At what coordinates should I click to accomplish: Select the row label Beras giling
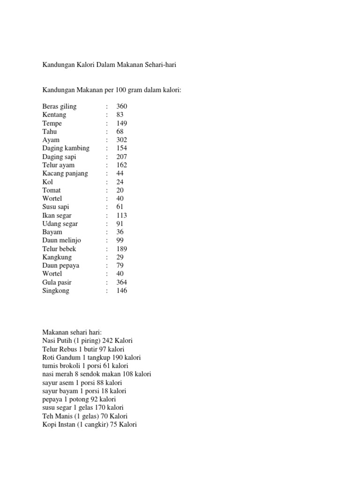click(x=59, y=106)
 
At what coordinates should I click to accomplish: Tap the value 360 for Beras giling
click(x=122, y=106)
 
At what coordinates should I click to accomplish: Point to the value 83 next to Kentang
click(x=120, y=115)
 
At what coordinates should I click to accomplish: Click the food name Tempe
click(x=52, y=123)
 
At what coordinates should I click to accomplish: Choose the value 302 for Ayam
click(x=122, y=140)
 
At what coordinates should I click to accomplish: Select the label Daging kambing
click(x=66, y=148)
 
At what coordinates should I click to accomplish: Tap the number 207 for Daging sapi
click(x=122, y=157)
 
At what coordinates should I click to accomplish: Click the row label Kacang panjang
click(x=65, y=173)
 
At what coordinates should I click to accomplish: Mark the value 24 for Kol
click(x=120, y=182)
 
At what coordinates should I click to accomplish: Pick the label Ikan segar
click(x=57, y=215)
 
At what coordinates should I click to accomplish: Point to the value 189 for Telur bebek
click(x=122, y=249)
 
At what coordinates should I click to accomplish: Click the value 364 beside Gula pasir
click(x=122, y=282)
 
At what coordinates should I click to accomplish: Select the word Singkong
click(x=56, y=291)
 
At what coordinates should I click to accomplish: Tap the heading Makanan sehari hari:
click(x=69, y=332)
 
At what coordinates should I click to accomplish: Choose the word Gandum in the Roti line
click(x=67, y=357)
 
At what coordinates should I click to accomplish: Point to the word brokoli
click(x=70, y=366)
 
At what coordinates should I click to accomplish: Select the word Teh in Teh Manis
click(x=48, y=416)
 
